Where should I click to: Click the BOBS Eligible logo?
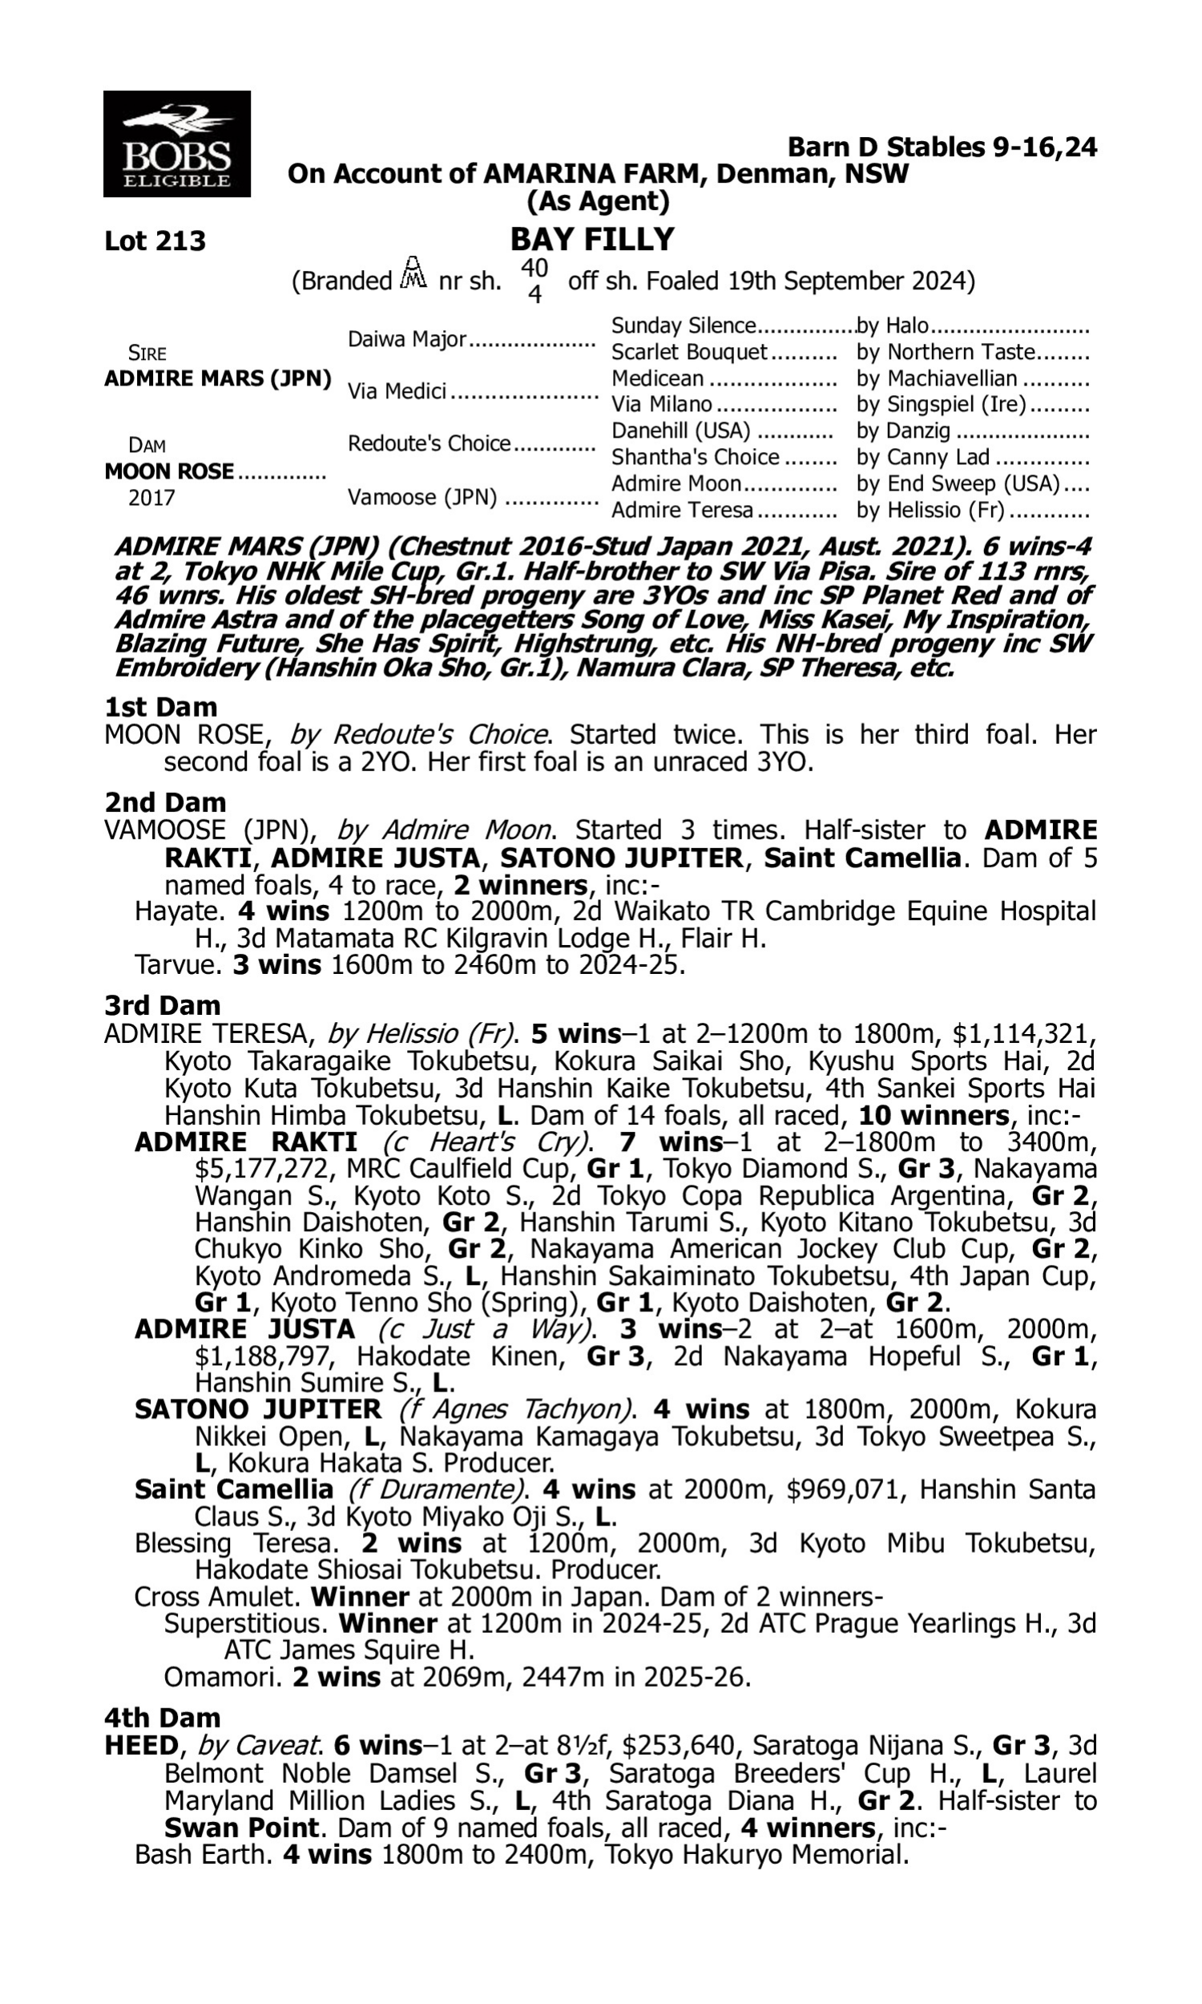coord(176,143)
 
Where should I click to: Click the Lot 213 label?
coord(155,240)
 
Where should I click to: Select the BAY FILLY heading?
coord(592,239)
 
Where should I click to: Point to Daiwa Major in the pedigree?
coord(406,338)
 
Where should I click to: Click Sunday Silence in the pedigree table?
coord(683,325)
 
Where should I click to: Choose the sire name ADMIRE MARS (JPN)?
coord(218,378)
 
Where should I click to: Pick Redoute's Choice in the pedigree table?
coord(430,443)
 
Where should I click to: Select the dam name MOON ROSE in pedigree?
coord(169,471)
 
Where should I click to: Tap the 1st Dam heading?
coord(161,707)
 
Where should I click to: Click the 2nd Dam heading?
coord(165,802)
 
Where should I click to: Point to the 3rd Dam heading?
coord(163,1005)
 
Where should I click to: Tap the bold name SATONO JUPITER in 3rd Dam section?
coord(257,1409)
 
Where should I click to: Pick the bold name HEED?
coord(141,1746)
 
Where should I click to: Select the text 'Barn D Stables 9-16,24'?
coord(942,147)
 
